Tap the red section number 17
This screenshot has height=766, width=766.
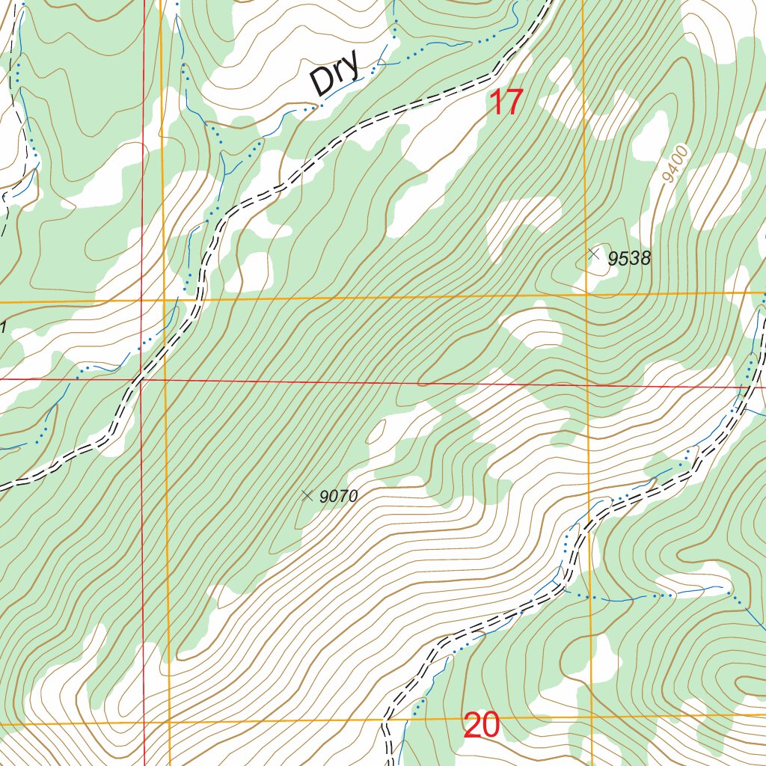[505, 102]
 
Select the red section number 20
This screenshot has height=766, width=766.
[482, 726]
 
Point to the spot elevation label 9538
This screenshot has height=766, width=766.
[629, 259]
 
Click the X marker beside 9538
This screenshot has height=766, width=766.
[594, 254]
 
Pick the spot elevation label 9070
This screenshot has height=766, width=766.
[339, 496]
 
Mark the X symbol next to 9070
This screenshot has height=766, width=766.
[306, 494]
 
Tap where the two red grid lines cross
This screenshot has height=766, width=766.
[142, 379]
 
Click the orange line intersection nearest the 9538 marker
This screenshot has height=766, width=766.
[586, 295]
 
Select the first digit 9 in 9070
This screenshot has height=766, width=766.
[324, 496]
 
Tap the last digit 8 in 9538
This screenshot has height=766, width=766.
[646, 259]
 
